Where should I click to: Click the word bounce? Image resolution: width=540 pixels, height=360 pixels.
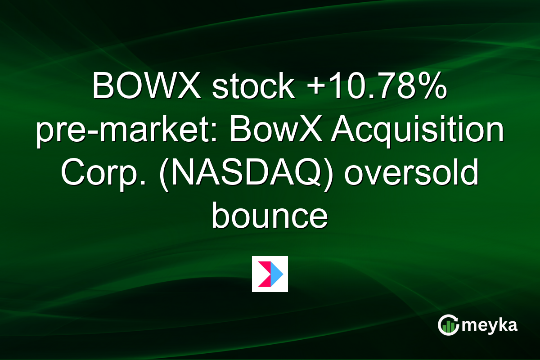(x=270, y=216)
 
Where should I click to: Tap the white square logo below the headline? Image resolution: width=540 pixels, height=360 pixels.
(x=270, y=274)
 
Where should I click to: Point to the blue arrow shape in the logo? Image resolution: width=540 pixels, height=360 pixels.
(x=278, y=274)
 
